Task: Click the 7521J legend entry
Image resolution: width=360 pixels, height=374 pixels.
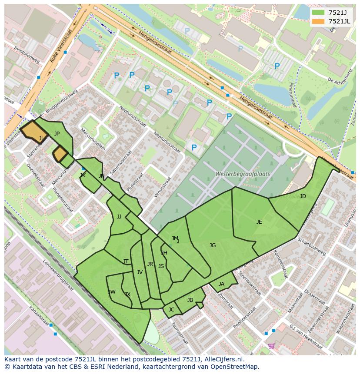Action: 331,13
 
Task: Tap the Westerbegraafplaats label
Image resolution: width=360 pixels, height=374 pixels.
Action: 243,174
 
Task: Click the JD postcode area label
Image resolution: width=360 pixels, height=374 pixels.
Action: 303,196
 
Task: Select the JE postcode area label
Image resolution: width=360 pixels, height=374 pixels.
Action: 259,222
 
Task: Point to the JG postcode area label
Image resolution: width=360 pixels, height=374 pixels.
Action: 212,245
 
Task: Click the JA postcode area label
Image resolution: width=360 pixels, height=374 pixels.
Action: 221,284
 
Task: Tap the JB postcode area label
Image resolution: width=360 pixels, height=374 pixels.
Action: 190,300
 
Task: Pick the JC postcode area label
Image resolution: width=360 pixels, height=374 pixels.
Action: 171,310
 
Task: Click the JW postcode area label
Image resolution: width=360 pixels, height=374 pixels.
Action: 112,292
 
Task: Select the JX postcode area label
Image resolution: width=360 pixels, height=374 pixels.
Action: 127,295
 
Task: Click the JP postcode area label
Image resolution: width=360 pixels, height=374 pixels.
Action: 57,134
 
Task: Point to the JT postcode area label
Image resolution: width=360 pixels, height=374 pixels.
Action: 126,261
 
